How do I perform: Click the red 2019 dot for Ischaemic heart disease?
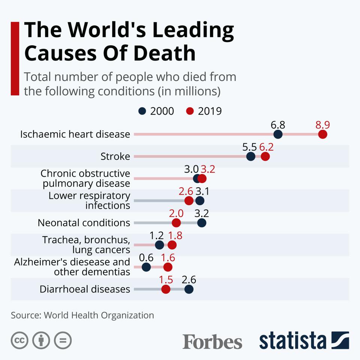coord(322,134)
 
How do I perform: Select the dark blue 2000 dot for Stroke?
coord(251,156)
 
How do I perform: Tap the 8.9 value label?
coord(323,125)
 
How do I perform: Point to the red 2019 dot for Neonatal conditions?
coord(176,223)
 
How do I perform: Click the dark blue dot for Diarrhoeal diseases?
coord(189,289)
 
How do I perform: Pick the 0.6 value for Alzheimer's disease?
coord(146,258)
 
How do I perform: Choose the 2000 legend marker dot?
coord(142,111)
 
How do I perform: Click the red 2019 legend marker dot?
coord(190,111)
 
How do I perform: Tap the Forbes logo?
coord(212,342)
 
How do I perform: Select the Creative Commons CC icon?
coord(20,340)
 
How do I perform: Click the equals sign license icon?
coord(63,340)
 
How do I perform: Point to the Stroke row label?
coord(115,156)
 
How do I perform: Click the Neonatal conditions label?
coord(84,223)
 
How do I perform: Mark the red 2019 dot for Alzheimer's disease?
coord(168,267)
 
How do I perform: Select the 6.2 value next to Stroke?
coord(266,147)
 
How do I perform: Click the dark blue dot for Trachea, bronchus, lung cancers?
coord(159,245)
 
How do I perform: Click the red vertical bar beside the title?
coord(15,58)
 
